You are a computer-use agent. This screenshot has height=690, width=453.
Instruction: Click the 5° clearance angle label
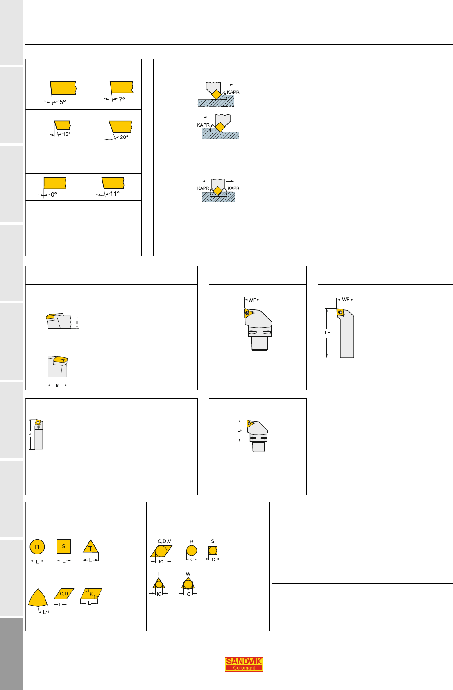click(x=63, y=102)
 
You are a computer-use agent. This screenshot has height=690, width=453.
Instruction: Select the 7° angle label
click(x=122, y=99)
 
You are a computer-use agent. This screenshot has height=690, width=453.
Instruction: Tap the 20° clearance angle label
click(x=124, y=137)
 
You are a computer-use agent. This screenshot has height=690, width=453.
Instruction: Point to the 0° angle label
click(x=54, y=194)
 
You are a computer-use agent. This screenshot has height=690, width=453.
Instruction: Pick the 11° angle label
click(x=115, y=193)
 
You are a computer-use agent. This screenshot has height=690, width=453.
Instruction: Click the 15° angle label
click(x=66, y=134)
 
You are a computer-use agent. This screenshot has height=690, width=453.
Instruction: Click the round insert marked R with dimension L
click(x=37, y=547)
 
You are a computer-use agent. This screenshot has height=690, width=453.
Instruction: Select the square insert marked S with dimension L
click(x=64, y=546)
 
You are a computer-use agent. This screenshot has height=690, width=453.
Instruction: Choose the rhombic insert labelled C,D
click(x=64, y=594)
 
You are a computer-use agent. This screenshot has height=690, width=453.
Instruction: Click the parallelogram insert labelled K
click(x=91, y=594)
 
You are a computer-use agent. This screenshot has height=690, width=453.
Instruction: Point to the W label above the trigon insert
click(x=188, y=574)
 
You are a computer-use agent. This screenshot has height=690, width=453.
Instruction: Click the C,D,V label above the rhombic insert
click(x=164, y=541)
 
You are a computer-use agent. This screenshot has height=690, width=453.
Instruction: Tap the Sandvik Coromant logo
click(x=244, y=664)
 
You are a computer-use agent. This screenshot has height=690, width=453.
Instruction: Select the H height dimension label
click(x=77, y=322)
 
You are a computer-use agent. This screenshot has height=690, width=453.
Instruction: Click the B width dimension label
click(x=57, y=385)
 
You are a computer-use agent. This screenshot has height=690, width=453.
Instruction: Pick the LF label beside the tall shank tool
click(x=327, y=333)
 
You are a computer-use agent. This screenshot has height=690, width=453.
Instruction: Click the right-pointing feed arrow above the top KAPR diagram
click(x=228, y=85)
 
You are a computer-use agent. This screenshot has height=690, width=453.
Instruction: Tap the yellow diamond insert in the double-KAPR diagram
click(x=218, y=191)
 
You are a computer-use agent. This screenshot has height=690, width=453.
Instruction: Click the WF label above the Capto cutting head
click(x=252, y=300)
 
